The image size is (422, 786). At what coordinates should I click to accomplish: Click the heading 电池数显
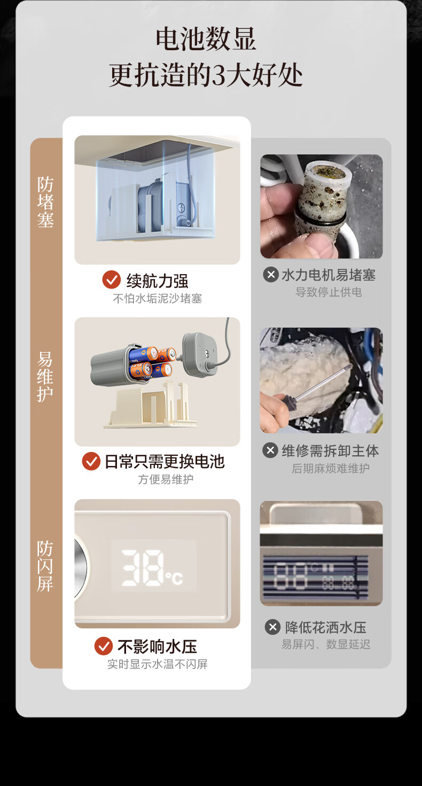click(x=206, y=38)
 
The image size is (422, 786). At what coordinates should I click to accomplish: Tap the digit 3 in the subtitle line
click(x=219, y=75)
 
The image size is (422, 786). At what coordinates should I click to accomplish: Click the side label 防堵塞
click(x=45, y=202)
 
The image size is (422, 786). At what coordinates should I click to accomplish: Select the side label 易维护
click(x=45, y=377)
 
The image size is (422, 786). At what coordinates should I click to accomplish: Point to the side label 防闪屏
click(x=45, y=566)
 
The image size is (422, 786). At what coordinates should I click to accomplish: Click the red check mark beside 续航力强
click(x=112, y=279)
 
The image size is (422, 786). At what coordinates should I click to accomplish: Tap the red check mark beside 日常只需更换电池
click(x=91, y=461)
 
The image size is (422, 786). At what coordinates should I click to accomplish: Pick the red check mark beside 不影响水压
click(x=104, y=646)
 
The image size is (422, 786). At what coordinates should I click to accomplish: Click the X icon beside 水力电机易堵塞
click(x=271, y=275)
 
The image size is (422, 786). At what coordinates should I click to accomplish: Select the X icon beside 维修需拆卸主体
click(x=270, y=450)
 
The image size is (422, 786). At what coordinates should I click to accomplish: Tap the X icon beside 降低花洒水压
click(x=272, y=627)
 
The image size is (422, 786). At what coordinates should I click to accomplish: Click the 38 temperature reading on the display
click(x=143, y=567)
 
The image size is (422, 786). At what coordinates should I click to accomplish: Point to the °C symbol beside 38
click(x=174, y=578)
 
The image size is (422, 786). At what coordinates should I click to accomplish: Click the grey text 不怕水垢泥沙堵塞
click(x=158, y=299)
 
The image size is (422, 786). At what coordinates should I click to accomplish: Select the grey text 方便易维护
click(x=166, y=479)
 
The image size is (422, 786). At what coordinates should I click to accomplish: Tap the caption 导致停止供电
click(x=329, y=292)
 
